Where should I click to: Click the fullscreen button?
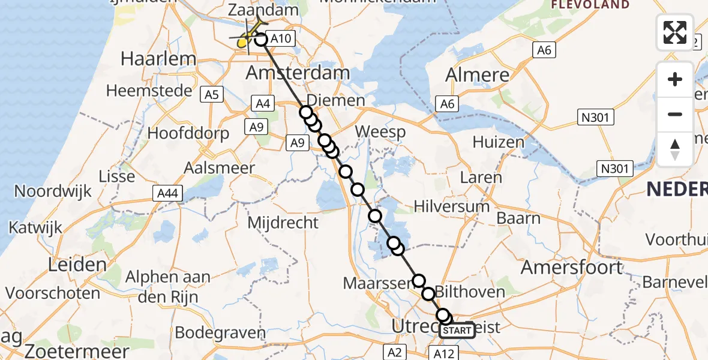(675, 32)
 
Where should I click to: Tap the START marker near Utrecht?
(458, 330)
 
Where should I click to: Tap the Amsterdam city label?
(298, 73)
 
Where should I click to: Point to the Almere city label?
(478, 76)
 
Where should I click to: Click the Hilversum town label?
(452, 207)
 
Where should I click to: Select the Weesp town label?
(380, 131)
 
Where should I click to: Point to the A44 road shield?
(167, 193)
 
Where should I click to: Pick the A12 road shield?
(445, 353)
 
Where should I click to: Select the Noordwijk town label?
(53, 191)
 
